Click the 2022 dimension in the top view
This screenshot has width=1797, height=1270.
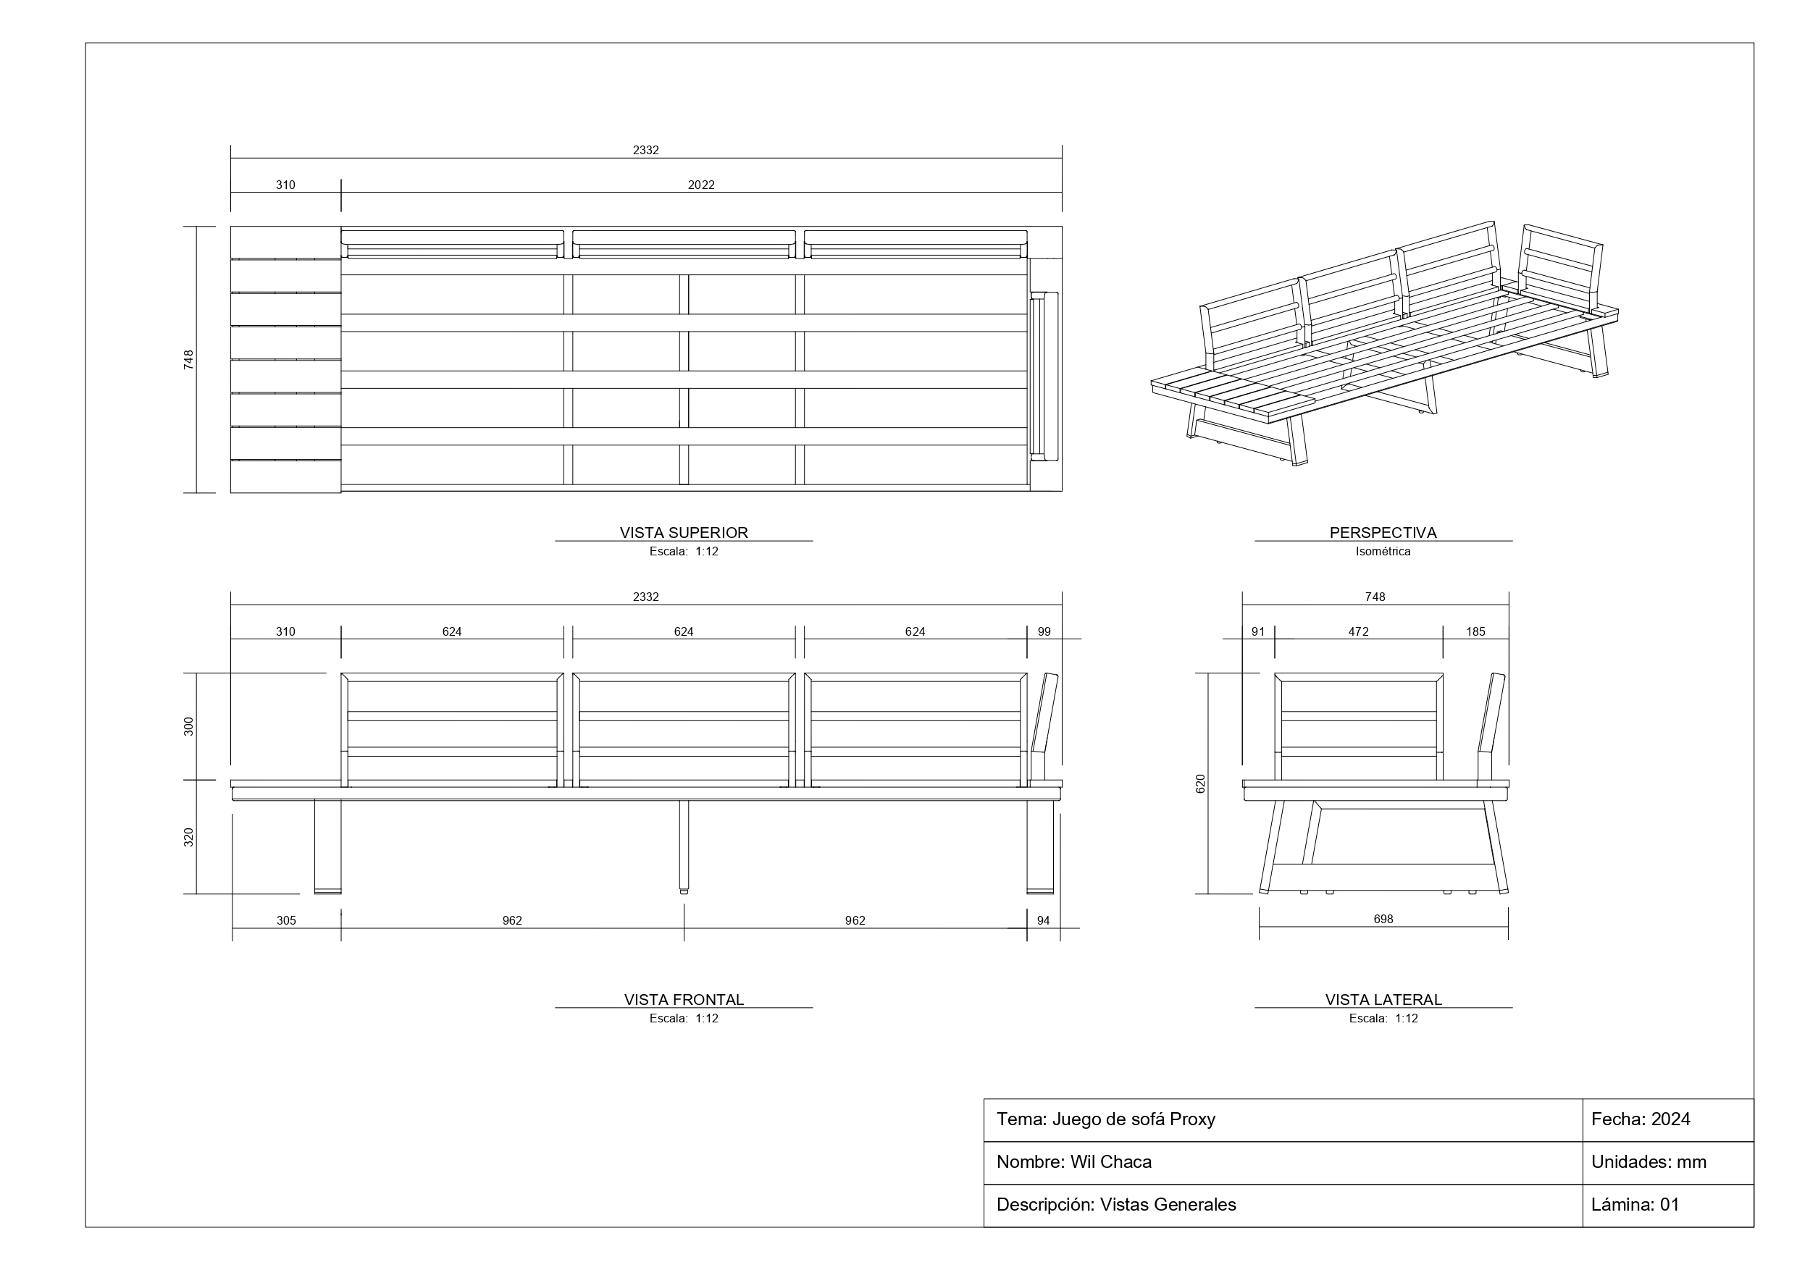coord(700,185)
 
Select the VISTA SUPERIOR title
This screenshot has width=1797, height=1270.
coord(683,532)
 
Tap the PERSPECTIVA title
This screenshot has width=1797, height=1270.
coord(1383,532)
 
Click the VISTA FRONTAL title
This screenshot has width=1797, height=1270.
coord(683,999)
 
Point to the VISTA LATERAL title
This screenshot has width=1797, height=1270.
coord(1383,999)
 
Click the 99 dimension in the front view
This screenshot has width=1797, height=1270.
coord(1044,631)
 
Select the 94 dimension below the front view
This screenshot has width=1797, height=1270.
coord(1043,920)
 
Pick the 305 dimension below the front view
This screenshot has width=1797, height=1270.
coord(285,920)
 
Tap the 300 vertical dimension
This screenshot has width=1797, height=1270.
coord(188,726)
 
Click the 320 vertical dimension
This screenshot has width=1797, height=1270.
coord(188,837)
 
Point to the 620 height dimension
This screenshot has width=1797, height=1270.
coord(1201,783)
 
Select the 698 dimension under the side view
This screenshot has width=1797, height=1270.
coord(1383,919)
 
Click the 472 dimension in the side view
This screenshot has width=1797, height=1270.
coord(1358,631)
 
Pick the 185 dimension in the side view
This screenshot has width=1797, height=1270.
coord(1475,631)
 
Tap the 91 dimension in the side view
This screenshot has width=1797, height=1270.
coord(1257,631)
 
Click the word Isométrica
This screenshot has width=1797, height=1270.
coord(1383,551)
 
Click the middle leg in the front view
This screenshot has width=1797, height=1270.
coord(684,846)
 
